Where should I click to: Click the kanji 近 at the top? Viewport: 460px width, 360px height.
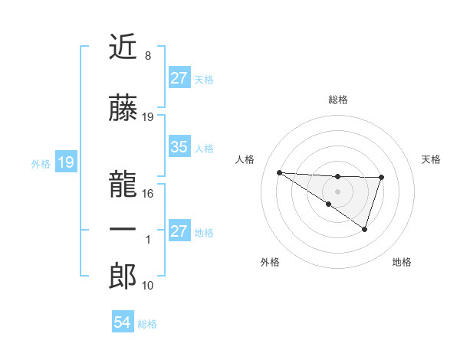pos(123,47)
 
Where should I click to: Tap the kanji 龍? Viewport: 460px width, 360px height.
pos(123,177)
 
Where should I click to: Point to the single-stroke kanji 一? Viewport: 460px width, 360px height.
pos(123,230)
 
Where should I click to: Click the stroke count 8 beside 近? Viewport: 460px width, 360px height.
pos(147,56)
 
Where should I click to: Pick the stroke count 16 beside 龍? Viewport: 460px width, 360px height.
pos(148,193)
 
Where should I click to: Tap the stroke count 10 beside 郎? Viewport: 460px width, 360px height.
pos(148,286)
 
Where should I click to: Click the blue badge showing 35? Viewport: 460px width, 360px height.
pos(179,147)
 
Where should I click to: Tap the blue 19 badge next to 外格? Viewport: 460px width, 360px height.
pos(65,162)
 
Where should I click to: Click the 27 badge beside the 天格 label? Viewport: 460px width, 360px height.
pos(179,78)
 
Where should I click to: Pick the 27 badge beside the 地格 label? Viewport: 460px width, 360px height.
pos(179,231)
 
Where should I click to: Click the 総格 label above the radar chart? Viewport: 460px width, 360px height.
pos(337,100)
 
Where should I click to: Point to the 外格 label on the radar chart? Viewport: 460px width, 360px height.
pos(270,262)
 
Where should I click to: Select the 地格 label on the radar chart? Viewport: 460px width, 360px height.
pos(402,262)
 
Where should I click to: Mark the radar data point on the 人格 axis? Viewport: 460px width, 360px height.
pos(279,172)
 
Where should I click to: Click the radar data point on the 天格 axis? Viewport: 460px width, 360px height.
pos(381,178)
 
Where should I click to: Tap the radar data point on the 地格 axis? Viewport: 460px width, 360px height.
pos(365,229)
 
